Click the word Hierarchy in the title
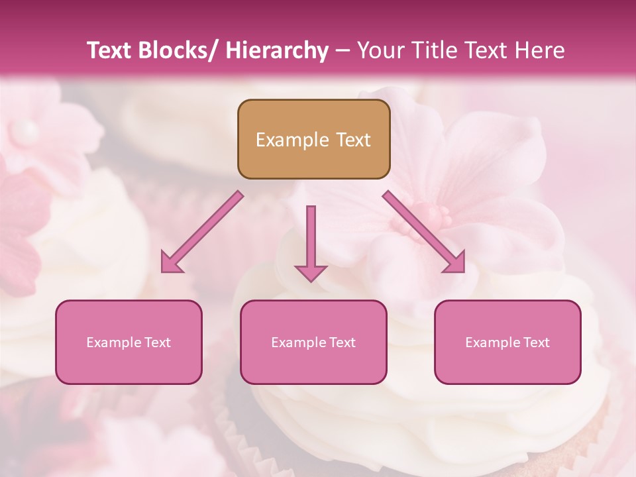pyautogui.click(x=277, y=50)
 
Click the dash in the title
pyautogui.click(x=343, y=51)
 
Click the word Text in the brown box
pyautogui.click(x=352, y=140)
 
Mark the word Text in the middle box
pyautogui.click(x=341, y=343)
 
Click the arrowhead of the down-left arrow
pyautogui.click(x=171, y=263)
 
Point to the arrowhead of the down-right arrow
pyautogui.click(x=455, y=263)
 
